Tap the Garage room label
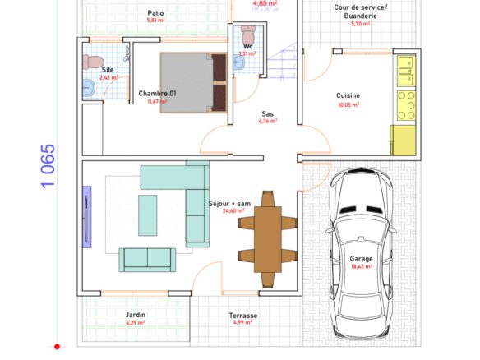pos(361,258)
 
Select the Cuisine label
pos(348,96)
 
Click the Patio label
pos(155,13)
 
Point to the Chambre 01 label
pos(157,94)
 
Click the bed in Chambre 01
pos(193,82)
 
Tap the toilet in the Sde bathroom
pos(93,61)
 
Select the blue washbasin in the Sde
pos(89,89)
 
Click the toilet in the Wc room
pos(250,36)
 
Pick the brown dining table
pos(266,235)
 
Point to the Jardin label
pos(136,315)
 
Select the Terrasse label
pos(242,315)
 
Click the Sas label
pos(267,114)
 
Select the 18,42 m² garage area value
pos(361,266)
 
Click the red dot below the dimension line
pos(58,347)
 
